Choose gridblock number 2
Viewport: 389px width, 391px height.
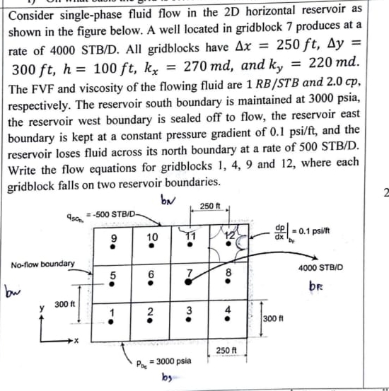(150, 312)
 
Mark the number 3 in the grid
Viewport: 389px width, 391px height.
(188, 312)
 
